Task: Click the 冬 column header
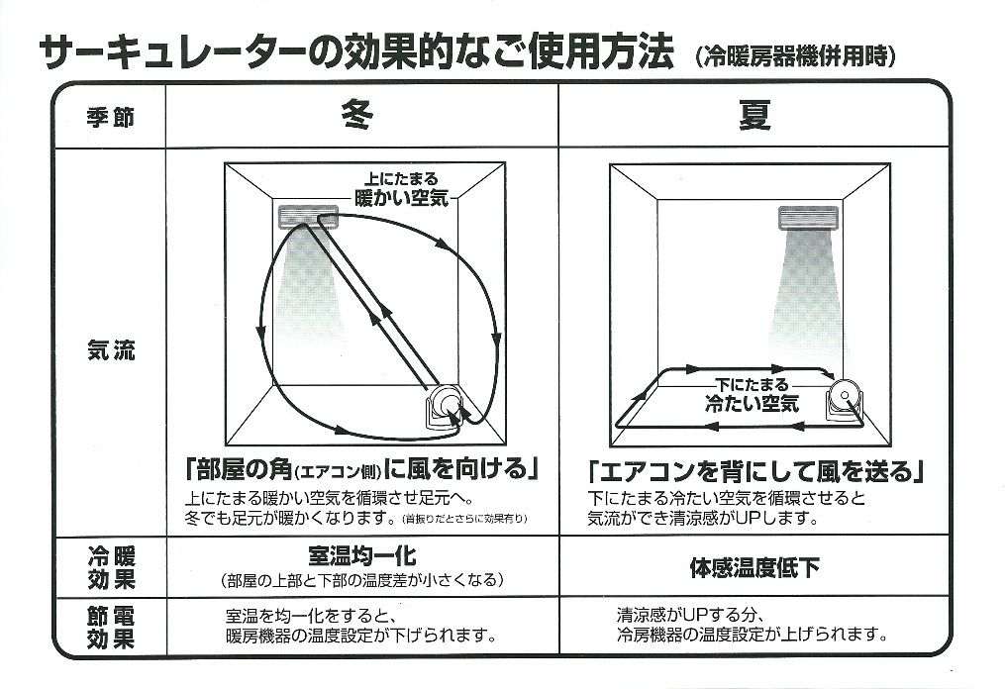pos(357,116)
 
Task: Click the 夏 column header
pos(754,116)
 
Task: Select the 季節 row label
pos(110,117)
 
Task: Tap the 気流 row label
pos(110,350)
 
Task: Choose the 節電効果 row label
pos(111,628)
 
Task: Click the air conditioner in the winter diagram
pos(308,217)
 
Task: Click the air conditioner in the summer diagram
pos(808,218)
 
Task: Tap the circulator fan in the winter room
pos(445,406)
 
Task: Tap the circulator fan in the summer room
pos(845,400)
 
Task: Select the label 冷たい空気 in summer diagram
pos(752,403)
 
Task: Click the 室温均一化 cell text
pos(362,555)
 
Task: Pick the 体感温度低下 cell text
pos(754,567)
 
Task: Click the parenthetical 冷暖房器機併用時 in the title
pos(795,56)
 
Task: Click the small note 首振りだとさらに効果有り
pos(464,519)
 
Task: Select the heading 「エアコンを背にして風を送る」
pos(755,472)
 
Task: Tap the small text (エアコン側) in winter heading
pos(338,473)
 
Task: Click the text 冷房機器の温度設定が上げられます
pos(753,636)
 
